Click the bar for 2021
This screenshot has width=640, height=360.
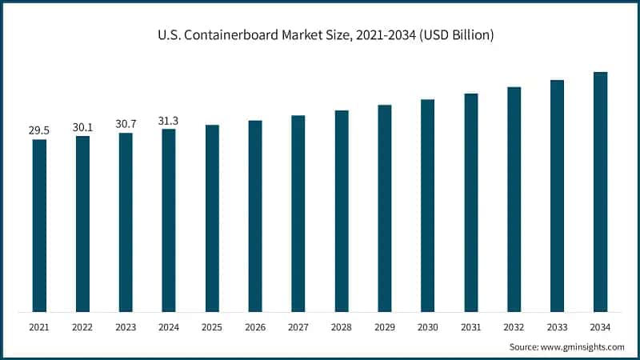pos(39,226)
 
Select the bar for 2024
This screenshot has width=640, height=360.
pos(169,220)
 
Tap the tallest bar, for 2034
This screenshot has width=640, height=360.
pos(600,192)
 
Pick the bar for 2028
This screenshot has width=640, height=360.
pos(342,211)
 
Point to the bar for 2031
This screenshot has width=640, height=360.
pos(471,202)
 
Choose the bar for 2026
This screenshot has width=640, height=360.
pos(255,216)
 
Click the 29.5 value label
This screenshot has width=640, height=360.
pos(39,130)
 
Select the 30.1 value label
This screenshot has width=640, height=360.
pos(82,126)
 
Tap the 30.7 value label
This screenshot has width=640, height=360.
pos(126,123)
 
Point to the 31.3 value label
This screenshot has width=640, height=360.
pos(169,120)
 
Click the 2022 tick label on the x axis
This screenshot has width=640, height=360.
pos(82,326)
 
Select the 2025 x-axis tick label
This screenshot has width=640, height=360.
pos(212,326)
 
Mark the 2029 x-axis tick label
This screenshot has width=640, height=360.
pos(385,326)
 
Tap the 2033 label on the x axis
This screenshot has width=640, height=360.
pos(557,326)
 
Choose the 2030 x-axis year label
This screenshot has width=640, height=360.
pos(428,326)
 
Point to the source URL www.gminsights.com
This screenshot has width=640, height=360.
pos(583,346)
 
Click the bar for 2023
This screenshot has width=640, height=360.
pos(126,222)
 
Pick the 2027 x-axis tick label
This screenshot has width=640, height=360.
pos(298,326)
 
